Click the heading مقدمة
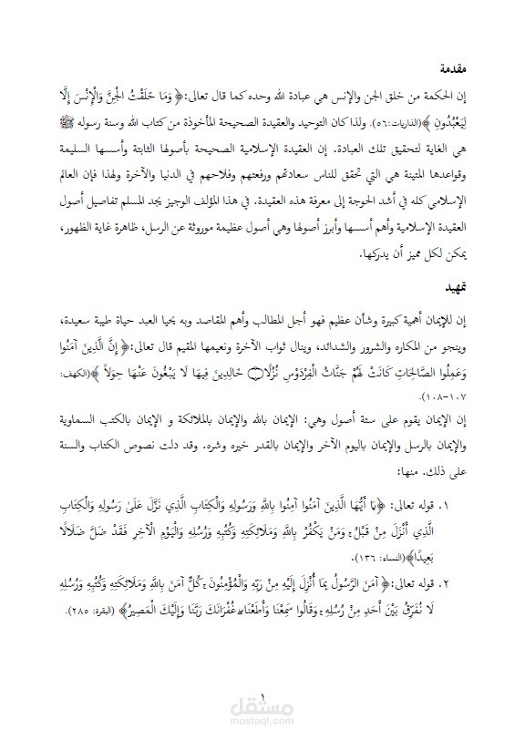point(455,68)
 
